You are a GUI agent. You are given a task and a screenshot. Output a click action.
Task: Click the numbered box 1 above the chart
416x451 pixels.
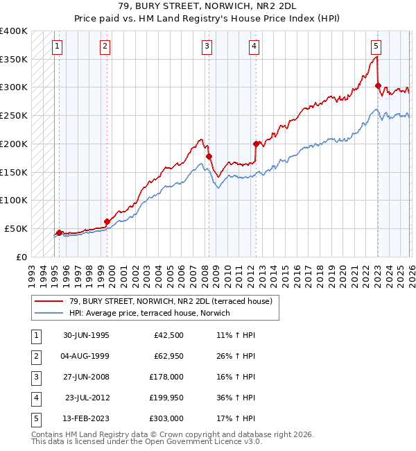pos(56,46)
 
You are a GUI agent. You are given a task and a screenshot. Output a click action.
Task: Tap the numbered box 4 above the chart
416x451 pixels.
pos(254,46)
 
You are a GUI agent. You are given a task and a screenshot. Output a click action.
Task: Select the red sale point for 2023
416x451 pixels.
pos(378,85)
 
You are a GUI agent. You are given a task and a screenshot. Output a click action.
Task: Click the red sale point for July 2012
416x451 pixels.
pos(256,144)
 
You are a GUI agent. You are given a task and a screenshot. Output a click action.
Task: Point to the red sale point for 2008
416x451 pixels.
pos(209,156)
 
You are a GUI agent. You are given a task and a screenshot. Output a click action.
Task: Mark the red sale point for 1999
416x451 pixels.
pos(107,221)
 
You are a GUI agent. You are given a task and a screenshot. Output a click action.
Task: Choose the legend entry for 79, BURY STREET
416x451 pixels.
pos(174,301)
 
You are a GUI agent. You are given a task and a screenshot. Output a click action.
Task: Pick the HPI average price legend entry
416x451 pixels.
pos(149,313)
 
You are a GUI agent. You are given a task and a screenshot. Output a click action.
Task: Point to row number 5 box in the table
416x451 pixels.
pos(34,418)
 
